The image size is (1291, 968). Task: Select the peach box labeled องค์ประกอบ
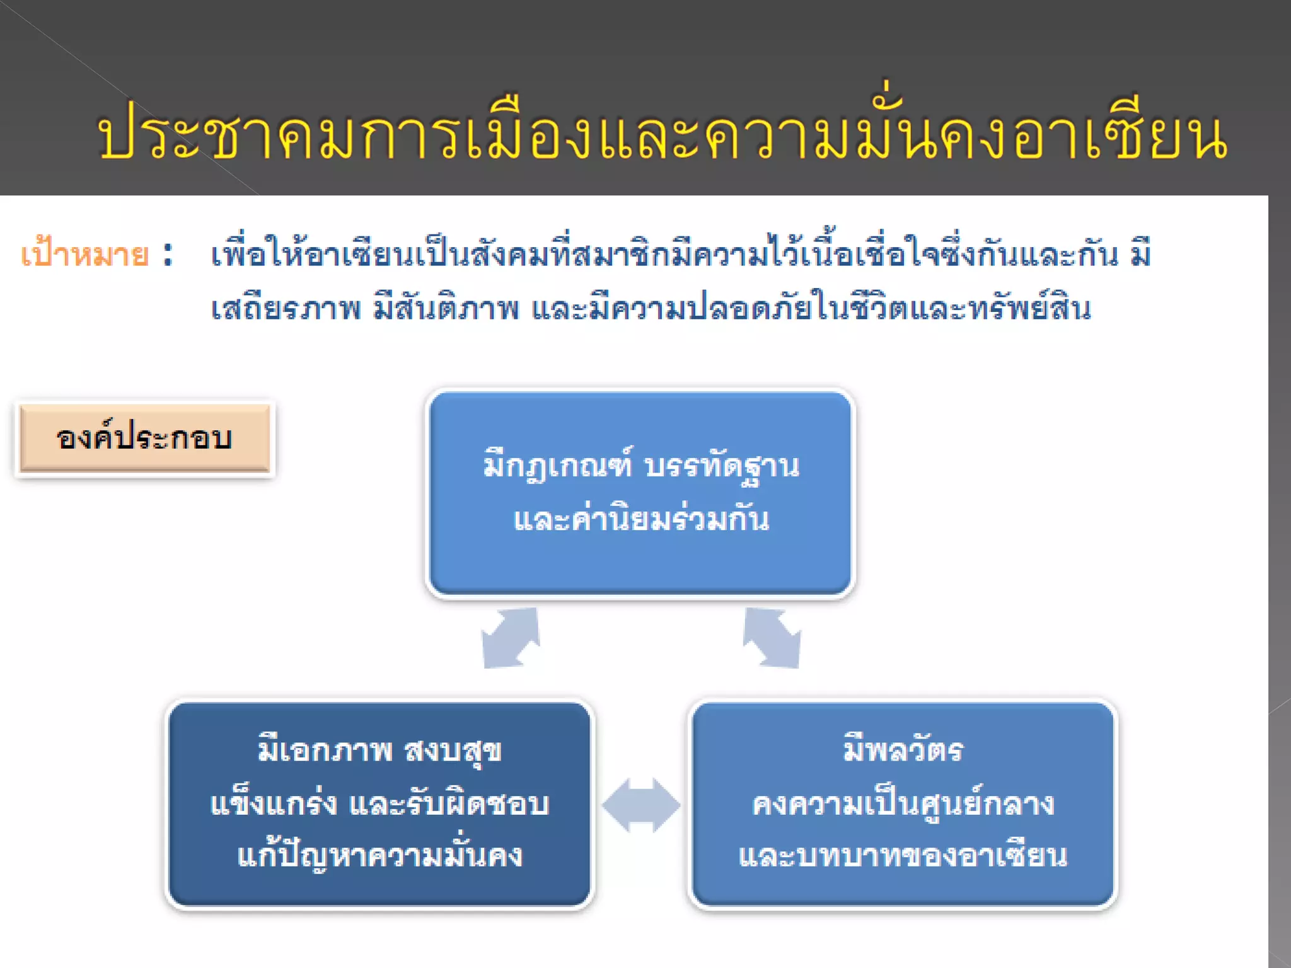[144, 438]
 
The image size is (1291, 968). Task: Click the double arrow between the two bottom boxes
[641, 805]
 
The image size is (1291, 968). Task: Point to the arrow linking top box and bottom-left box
[511, 638]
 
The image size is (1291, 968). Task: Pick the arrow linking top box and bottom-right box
[772, 638]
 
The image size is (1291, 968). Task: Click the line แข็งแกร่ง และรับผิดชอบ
[379, 804]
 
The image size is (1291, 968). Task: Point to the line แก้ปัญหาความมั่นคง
[379, 856]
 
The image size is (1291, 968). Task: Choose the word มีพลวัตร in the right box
[903, 750]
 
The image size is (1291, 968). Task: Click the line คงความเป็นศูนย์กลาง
[903, 804]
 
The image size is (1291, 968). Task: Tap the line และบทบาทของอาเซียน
[903, 856]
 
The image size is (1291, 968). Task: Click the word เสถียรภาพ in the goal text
[286, 309]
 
